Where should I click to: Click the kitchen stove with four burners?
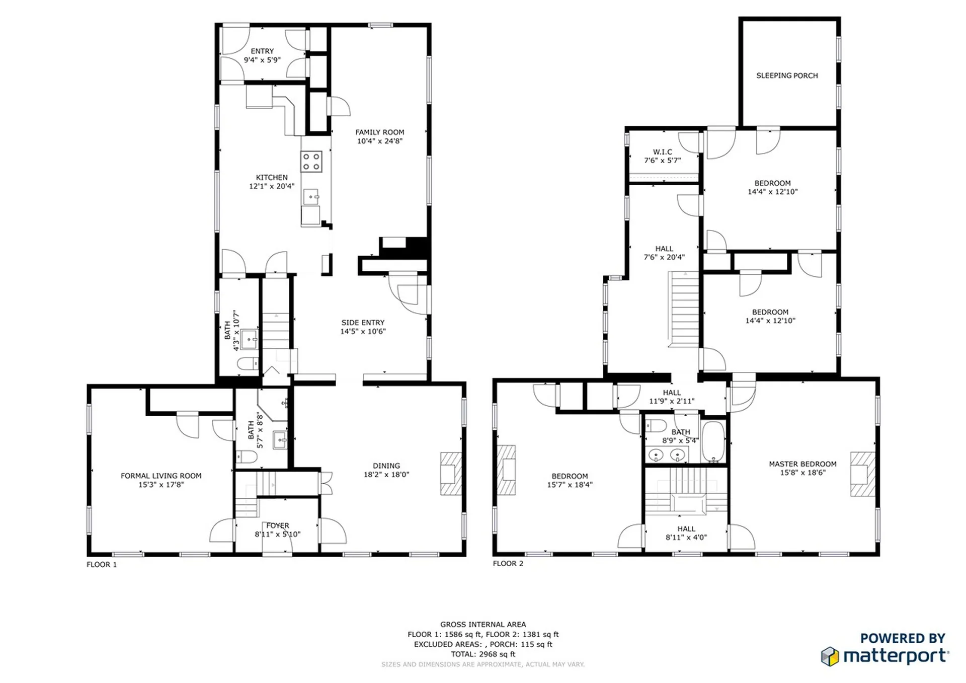coord(311,161)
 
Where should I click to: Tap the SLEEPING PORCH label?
coord(787,75)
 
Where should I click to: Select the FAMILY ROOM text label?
coord(380,132)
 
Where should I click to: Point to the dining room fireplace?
coord(451,474)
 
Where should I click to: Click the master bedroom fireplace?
coord(862,474)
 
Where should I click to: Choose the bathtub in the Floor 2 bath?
coord(712,442)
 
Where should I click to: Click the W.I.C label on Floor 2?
coord(663,151)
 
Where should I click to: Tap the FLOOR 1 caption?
coord(102,564)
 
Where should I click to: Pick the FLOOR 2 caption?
coord(508,563)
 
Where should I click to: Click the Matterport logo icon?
coord(830,656)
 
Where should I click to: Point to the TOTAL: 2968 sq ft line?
coord(483,654)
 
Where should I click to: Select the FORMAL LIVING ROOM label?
coord(161,476)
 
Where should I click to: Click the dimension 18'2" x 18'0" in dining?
coord(386,474)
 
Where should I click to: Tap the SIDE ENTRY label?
coord(363,323)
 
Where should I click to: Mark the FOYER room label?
coord(278,525)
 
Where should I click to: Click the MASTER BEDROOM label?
coord(802,464)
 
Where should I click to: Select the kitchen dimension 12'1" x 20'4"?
coord(272,186)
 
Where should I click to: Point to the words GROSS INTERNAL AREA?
coord(483,625)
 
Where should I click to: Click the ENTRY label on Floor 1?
coord(262,51)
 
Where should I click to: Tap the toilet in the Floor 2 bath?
coord(656,426)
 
